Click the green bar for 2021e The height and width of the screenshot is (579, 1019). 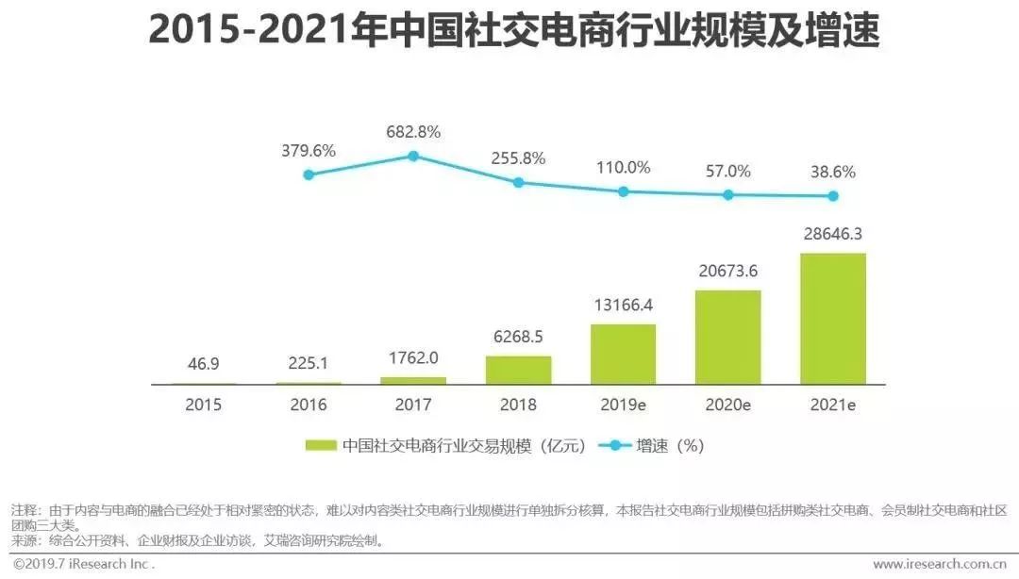tap(832, 319)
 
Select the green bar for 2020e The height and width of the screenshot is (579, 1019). tap(727, 338)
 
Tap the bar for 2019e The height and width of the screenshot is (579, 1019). tap(623, 355)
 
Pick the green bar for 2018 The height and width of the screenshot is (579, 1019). tap(518, 370)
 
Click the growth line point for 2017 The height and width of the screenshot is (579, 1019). tap(413, 156)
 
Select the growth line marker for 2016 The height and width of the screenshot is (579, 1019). tap(309, 174)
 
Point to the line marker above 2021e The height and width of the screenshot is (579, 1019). tap(832, 196)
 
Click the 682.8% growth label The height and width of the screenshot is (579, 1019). tap(413, 132)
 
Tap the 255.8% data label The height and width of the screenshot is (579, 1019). tap(518, 158)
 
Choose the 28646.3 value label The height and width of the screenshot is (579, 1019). tap(832, 236)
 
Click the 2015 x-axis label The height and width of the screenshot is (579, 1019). tap(203, 405)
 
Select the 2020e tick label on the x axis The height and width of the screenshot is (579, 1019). tap(727, 405)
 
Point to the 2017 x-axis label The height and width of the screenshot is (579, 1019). tap(413, 405)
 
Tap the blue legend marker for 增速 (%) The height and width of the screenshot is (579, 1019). tap(615, 446)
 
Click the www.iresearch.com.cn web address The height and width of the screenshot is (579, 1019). tap(939, 564)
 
